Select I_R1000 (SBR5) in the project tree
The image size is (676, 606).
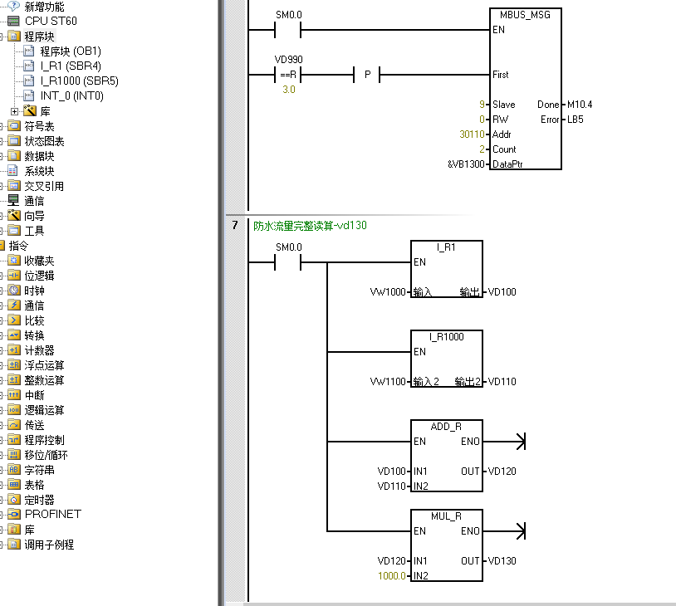click(79, 81)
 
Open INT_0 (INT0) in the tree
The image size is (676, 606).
click(71, 96)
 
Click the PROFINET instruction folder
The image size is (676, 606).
click(52, 515)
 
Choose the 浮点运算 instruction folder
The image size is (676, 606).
click(44, 365)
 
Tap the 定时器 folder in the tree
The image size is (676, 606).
click(39, 500)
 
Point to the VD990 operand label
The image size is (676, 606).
click(288, 60)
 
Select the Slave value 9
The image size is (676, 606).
click(482, 105)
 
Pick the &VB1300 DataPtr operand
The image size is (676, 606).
click(465, 164)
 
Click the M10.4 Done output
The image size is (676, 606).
click(579, 105)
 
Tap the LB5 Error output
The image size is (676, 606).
click(575, 120)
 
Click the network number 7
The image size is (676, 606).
click(235, 225)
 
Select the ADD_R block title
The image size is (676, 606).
click(446, 427)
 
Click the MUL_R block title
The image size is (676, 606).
click(446, 516)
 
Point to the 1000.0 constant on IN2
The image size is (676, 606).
click(392, 576)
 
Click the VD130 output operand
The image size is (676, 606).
click(502, 561)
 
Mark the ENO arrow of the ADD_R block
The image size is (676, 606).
click(521, 442)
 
